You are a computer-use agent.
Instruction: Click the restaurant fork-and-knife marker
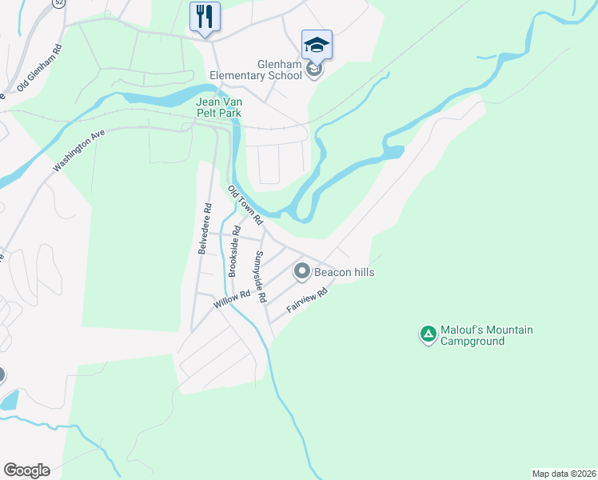(204, 17)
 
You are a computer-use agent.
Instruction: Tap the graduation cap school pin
(317, 43)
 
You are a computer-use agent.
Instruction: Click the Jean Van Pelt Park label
(218, 107)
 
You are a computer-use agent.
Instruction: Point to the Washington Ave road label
(79, 151)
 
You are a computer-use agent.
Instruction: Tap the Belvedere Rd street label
(206, 228)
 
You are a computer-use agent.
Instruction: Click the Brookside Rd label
(234, 250)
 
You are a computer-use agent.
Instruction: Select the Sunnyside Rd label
(259, 277)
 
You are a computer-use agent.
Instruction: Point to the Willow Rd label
(233, 301)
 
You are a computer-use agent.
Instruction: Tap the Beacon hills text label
(344, 272)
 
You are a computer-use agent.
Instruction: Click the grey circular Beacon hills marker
(302, 272)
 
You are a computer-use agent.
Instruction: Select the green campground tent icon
(429, 334)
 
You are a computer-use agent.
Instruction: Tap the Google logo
(26, 470)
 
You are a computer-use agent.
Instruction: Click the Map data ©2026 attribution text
(564, 473)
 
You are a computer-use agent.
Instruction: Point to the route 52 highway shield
(58, 3)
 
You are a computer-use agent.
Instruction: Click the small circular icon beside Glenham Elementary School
(314, 70)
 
